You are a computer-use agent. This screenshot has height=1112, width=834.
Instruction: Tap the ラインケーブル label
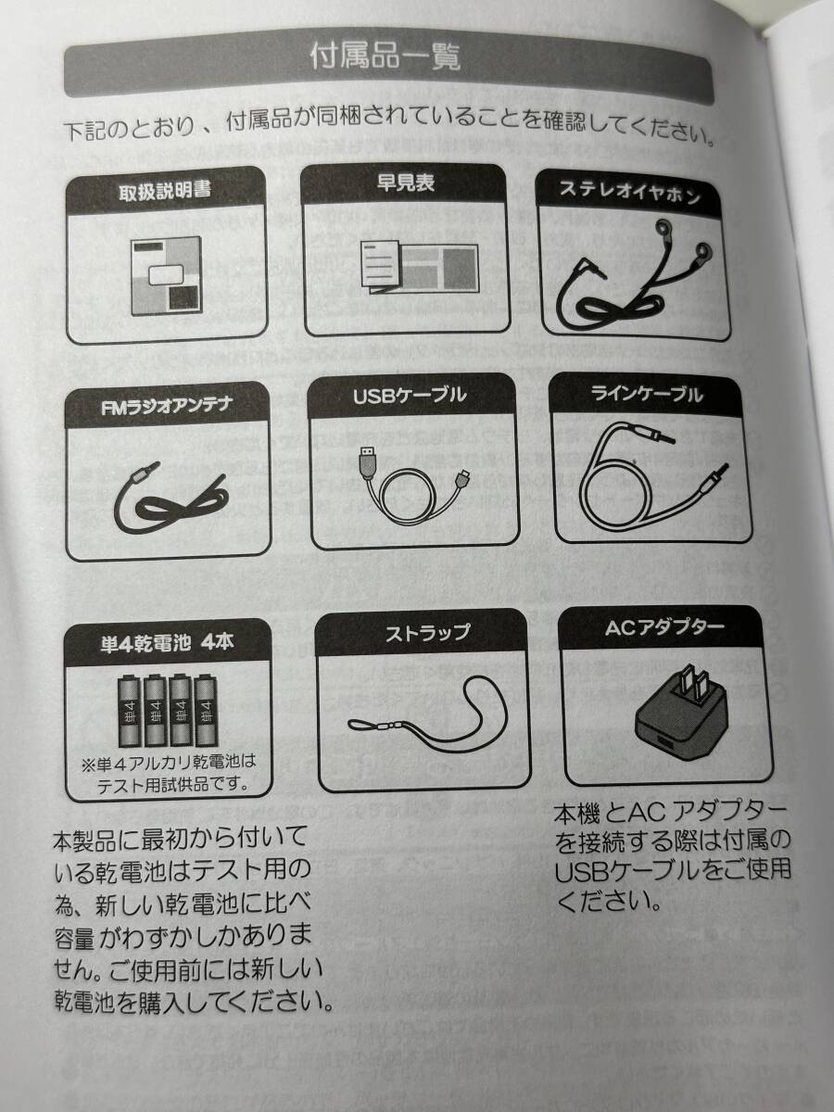coord(647,395)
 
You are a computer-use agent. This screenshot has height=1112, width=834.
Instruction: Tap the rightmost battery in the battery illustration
coord(207,712)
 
